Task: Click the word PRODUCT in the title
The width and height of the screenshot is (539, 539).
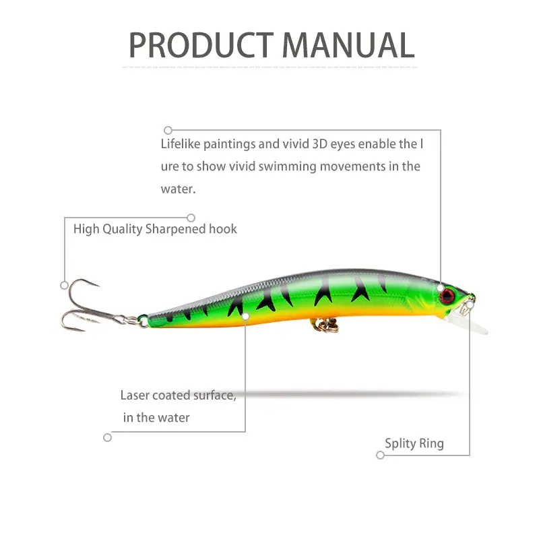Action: [x=201, y=45]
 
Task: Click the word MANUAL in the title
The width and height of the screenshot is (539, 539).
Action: [x=348, y=45]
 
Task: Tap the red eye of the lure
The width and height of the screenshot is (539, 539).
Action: [x=447, y=296]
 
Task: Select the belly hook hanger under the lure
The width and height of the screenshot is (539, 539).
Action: [x=325, y=325]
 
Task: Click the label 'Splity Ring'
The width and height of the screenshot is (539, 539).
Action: [x=414, y=443]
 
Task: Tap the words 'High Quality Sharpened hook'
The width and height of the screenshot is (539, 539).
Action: [x=155, y=229]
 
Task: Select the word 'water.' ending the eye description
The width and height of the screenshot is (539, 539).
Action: [x=178, y=189]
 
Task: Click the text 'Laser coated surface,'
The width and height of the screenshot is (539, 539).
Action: [x=179, y=395]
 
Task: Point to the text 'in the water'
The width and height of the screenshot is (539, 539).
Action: [x=156, y=418]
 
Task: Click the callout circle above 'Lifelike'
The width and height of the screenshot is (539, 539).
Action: [x=168, y=130]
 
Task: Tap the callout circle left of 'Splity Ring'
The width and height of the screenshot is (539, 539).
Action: [x=380, y=455]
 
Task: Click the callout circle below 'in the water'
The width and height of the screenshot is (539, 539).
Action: [x=108, y=437]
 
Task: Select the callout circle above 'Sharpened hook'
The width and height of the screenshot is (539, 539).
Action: [x=191, y=218]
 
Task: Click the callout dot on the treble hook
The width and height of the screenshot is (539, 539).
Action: [x=64, y=285]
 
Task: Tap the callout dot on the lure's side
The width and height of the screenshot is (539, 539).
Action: [x=245, y=316]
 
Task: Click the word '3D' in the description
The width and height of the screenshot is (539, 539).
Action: [x=319, y=144]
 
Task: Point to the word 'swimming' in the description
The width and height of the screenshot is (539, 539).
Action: [x=288, y=166]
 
